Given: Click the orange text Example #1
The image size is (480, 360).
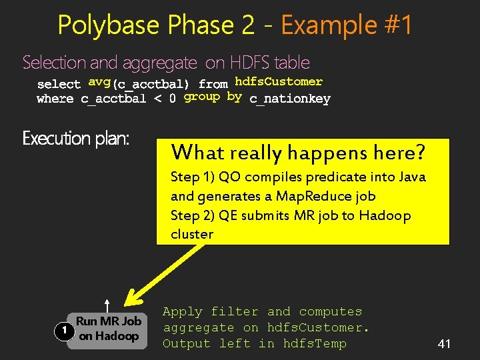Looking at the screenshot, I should click(347, 25).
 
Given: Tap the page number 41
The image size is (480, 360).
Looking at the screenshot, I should click(445, 344).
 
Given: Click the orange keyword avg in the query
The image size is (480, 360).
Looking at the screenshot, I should click(99, 83).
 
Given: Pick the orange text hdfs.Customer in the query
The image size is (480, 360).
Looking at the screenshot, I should click(279, 82).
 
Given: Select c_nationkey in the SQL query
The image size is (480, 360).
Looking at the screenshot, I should click(290, 99).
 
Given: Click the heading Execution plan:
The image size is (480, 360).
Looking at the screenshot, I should click(76, 139).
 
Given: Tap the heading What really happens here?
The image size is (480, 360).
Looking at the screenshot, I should click(298, 153).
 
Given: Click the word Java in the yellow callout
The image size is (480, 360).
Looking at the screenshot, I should click(411, 177).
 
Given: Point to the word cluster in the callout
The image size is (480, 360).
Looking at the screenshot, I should click(192, 235).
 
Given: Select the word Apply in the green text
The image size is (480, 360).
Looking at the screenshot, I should click(183, 312).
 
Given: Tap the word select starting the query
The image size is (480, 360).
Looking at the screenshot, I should click(59, 84).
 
